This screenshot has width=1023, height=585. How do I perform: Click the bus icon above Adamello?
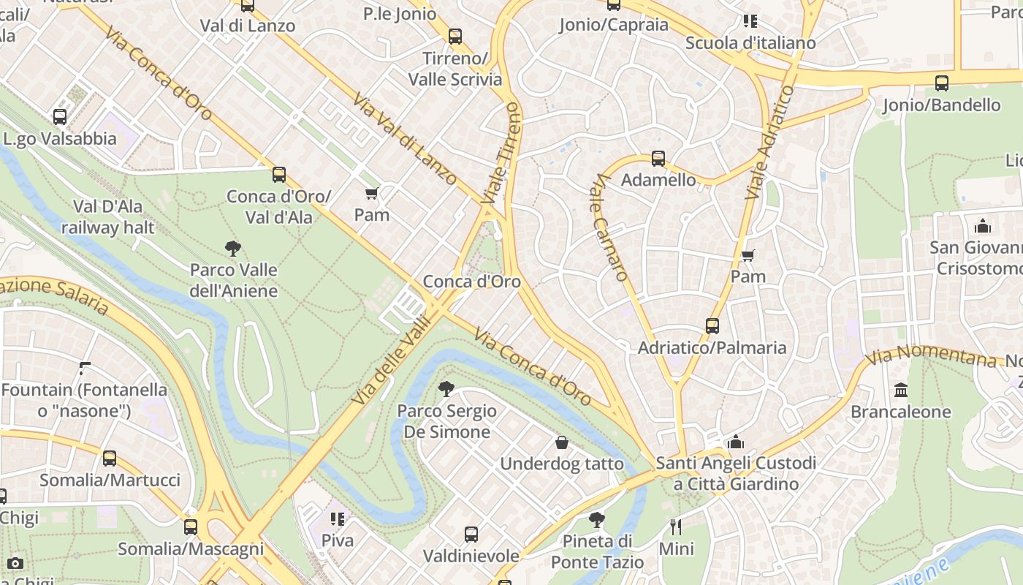[x=658, y=159]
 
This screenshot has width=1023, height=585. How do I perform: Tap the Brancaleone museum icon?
[x=900, y=390]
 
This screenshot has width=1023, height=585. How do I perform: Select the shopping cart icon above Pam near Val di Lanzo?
[x=371, y=194]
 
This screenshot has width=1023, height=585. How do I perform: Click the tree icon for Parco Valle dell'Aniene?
[x=233, y=249]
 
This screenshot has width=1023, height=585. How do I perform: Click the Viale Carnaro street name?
[x=610, y=227]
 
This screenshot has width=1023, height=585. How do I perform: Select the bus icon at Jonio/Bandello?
[x=941, y=83]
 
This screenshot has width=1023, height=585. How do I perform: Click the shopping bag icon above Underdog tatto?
[x=561, y=442]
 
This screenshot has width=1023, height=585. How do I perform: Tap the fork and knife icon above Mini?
[x=676, y=526]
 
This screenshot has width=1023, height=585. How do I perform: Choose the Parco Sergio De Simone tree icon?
[x=446, y=389]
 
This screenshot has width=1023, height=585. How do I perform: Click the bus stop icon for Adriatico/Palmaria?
[x=712, y=326]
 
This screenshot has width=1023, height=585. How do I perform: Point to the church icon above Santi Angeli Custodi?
[x=735, y=442]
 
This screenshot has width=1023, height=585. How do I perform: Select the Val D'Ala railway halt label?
[x=107, y=216]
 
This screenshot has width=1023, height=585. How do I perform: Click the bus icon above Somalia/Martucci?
[x=109, y=458]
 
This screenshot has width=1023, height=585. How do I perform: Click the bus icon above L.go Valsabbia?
[x=60, y=117]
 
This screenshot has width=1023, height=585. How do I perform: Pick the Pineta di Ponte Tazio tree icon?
[x=596, y=520]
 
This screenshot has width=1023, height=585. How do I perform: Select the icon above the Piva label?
[x=337, y=519]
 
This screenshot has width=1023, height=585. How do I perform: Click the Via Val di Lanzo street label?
[x=406, y=138]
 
